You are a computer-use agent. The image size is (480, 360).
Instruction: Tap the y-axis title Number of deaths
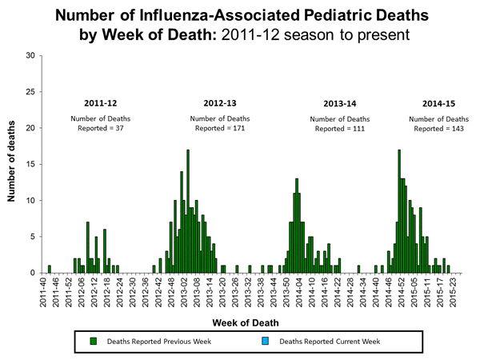coord(13,164)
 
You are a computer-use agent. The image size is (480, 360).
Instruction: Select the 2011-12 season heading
coord(100,104)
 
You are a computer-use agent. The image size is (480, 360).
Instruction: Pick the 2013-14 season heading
coord(339,104)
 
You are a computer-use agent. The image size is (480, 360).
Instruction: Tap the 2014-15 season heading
coord(438,104)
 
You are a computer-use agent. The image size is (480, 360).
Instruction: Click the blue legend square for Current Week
coord(269,342)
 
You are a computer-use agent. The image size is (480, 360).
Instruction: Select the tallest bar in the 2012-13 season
coord(187,212)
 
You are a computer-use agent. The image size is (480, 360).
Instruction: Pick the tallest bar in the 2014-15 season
coord(398,212)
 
